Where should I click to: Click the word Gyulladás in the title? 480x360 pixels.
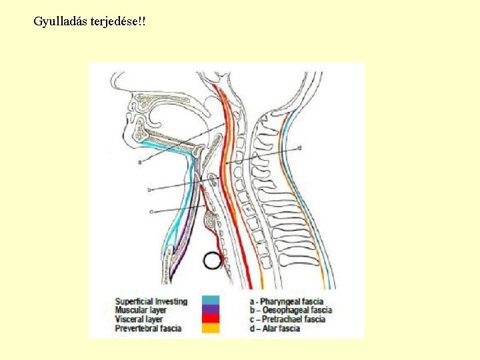click(56, 22)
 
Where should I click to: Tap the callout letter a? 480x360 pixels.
click(140, 161)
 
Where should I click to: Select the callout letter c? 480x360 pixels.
click(152, 211)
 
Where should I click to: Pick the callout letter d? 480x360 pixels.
click(300, 147)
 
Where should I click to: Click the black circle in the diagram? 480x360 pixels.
click(213, 260)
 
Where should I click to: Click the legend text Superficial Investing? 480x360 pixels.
click(151, 301)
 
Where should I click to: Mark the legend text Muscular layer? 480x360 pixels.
click(141, 311)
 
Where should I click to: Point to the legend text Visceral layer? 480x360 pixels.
click(139, 319)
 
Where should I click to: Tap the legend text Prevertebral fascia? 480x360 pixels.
click(148, 329)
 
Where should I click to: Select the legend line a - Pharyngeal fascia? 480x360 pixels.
click(291, 301)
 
